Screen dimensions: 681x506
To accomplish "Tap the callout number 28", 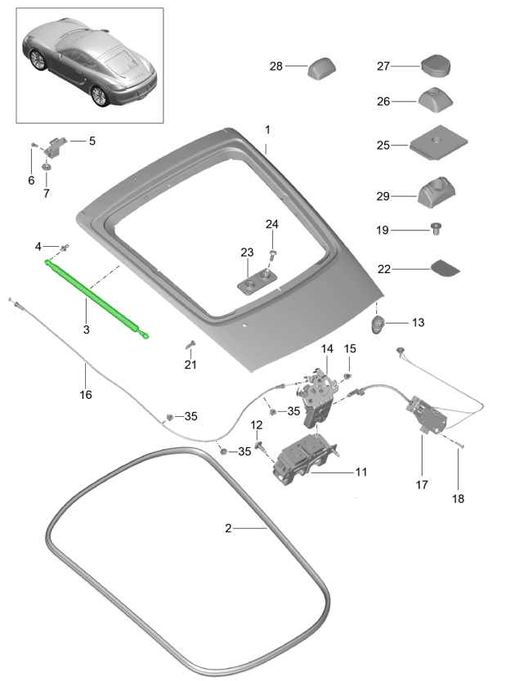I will coord(275,67).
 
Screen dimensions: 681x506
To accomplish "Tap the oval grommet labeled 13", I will coord(379,323).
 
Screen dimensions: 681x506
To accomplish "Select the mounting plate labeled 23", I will coord(257,282).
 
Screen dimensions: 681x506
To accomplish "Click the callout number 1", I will coord(266,130).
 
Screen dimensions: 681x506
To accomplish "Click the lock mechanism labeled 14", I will coord(318,394).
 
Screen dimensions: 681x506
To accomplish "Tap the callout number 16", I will coord(86,394).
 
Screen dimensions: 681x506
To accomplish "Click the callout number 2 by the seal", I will coord(229,528).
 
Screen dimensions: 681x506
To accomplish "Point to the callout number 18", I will coord(457,498).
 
